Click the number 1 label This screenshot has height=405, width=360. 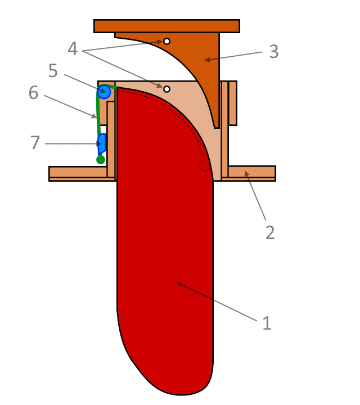pyautogui.click(x=267, y=323)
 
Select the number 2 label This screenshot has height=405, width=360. pyautogui.click(x=270, y=232)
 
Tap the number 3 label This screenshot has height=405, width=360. pyautogui.click(x=273, y=51)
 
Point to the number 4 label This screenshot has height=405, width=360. pyautogui.click(x=73, y=49)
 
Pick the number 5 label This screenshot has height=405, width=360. pyautogui.click(x=53, y=71)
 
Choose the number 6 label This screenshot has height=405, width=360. pyautogui.click(x=33, y=93)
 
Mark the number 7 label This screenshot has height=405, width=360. pyautogui.click(x=35, y=143)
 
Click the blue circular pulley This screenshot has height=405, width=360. pyautogui.click(x=104, y=92)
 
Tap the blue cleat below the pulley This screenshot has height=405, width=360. pyautogui.click(x=102, y=144)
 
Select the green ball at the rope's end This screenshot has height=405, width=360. pyautogui.click(x=101, y=160)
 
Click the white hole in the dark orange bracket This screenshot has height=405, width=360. pyautogui.click(x=166, y=41)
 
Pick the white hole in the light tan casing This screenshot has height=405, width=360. pyautogui.click(x=166, y=89)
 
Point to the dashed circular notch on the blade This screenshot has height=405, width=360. pyautogui.click(x=205, y=166)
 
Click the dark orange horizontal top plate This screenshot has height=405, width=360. pyautogui.click(x=166, y=26)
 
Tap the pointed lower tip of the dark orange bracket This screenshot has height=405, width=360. pyautogui.click(x=217, y=127)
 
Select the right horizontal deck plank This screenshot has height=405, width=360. pyautogui.click(x=251, y=172)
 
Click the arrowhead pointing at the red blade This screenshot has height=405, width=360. pyautogui.click(x=179, y=283)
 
